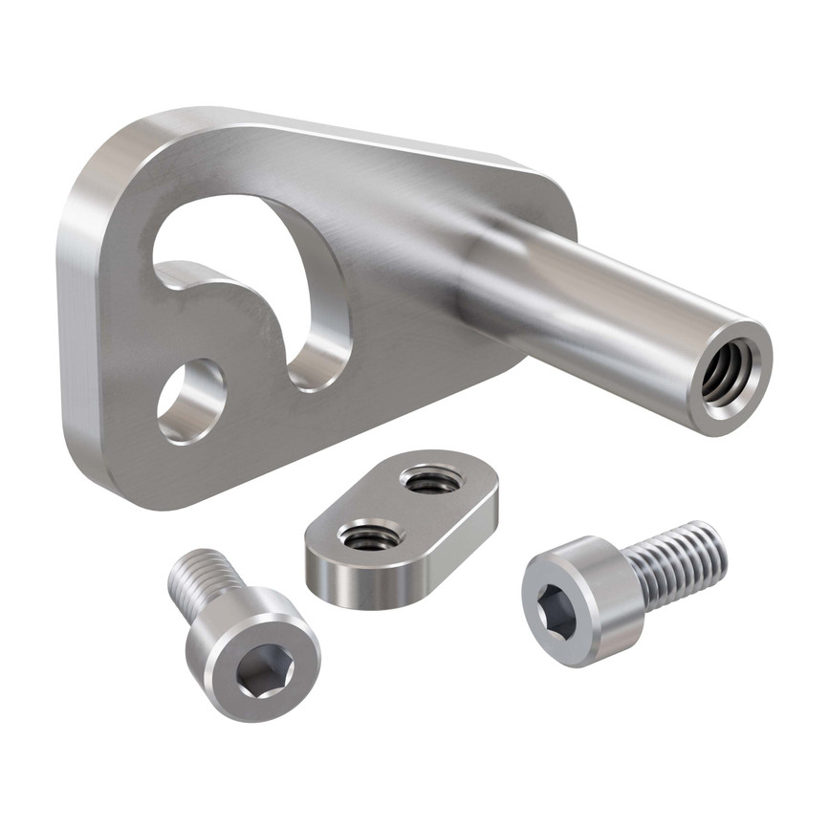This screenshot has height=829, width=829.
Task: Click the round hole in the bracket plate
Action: tap(191, 402)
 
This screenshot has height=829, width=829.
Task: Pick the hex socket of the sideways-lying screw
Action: tap(556, 610)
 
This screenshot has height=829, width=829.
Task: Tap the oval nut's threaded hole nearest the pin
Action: tap(431, 479)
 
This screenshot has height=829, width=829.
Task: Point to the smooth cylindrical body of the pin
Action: tap(612, 296)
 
